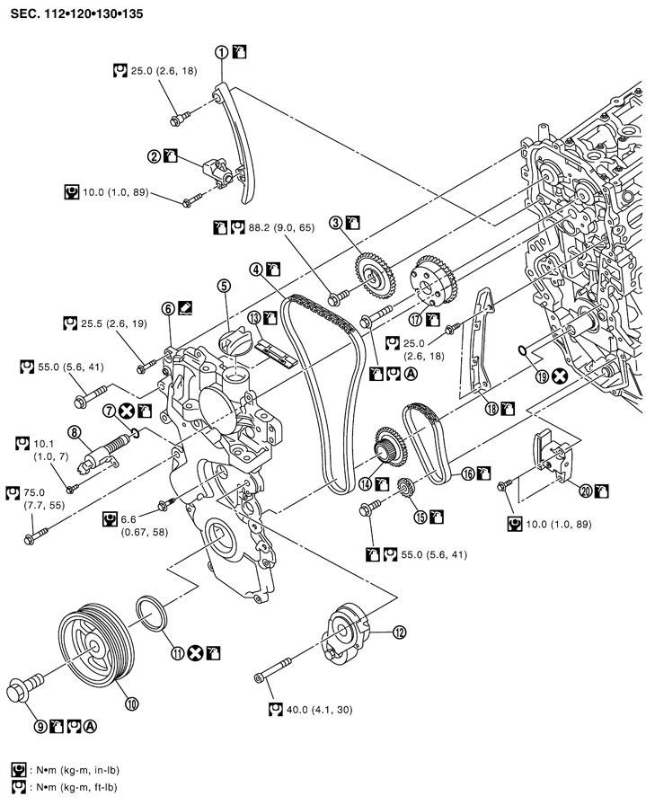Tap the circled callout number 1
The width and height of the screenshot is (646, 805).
tap(221, 52)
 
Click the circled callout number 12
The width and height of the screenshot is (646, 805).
tap(399, 632)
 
